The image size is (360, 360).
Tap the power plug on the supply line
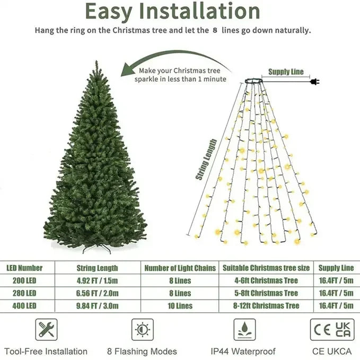pos(314,82)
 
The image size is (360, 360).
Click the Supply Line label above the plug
pos(286,72)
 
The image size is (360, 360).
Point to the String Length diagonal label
pos(207,159)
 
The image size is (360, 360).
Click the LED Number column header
pos(24,268)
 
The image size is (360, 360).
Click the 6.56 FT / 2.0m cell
pos(98,293)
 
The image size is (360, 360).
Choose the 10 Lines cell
pos(180,306)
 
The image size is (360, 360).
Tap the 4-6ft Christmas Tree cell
pos(267,280)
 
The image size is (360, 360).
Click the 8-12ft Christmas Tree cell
pos(267,306)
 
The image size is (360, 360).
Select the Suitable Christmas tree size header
pos(267,268)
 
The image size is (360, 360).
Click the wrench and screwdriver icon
pos(46,330)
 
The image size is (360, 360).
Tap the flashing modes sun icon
pos(142,330)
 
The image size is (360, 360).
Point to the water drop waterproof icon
pos(243,330)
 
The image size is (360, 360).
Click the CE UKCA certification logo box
pos(331,329)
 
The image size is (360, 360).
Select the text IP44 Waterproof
pos(243,352)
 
